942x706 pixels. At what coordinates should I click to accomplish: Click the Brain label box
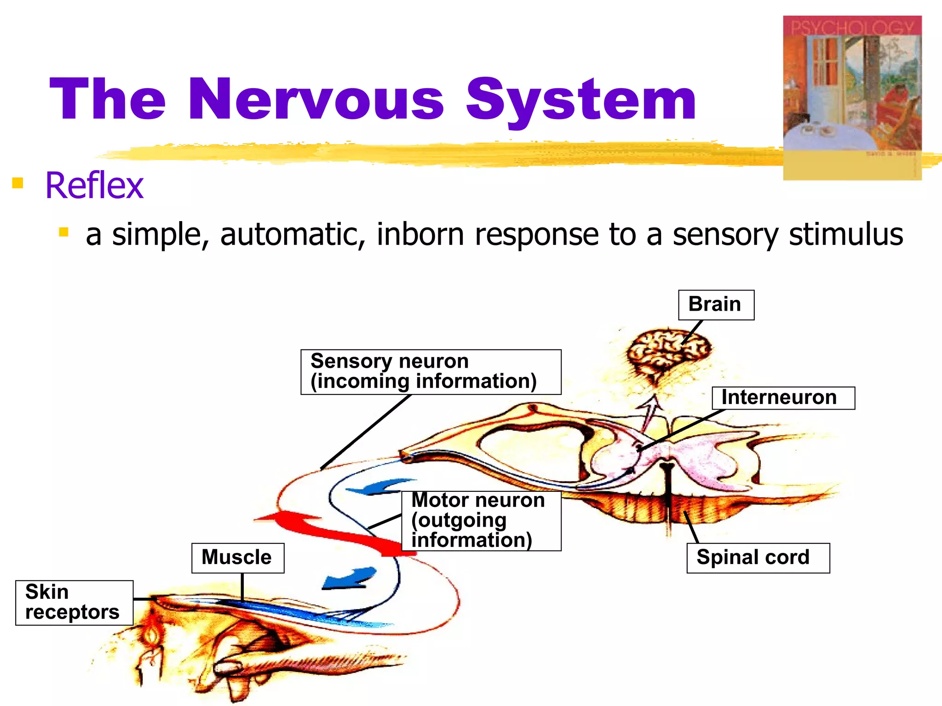pyautogui.click(x=716, y=305)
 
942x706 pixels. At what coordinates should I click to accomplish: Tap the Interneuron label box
pyautogui.click(x=783, y=398)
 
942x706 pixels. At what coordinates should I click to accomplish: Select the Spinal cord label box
pyautogui.click(x=758, y=558)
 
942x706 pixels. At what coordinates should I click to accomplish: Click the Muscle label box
pyautogui.click(x=237, y=558)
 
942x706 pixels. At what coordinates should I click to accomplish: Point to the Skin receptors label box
pyautogui.click(x=74, y=602)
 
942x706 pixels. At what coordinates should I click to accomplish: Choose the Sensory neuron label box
pyautogui.click(x=431, y=371)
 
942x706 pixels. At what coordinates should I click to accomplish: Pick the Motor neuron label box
pyautogui.click(x=481, y=520)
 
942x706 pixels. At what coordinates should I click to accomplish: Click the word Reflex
pyautogui.click(x=94, y=185)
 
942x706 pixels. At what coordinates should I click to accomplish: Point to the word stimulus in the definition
pyautogui.click(x=845, y=234)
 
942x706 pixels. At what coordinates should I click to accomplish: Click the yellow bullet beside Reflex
pyautogui.click(x=17, y=183)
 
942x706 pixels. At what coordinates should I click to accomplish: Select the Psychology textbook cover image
pyautogui.click(x=852, y=97)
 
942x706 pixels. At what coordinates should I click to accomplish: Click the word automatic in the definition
pyautogui.click(x=293, y=234)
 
